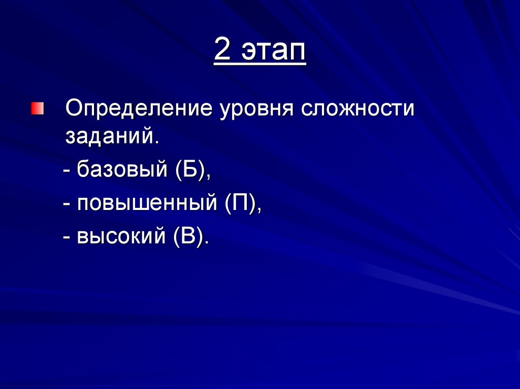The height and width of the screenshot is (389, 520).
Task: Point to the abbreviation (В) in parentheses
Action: tap(188, 236)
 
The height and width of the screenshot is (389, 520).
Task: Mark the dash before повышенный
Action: tap(67, 205)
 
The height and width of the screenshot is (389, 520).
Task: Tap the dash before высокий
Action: tap(67, 238)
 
